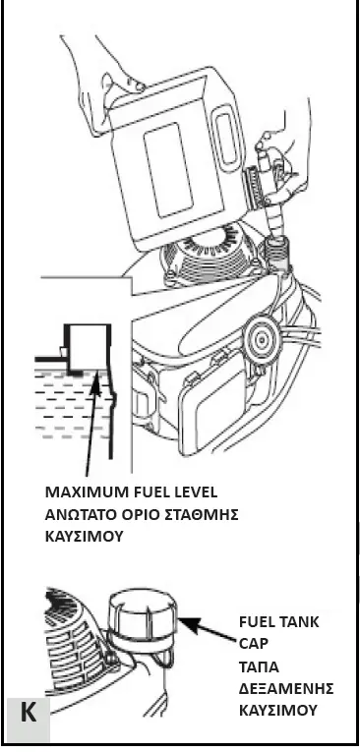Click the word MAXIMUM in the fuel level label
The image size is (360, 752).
click(82, 492)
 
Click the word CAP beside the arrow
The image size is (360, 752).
click(253, 644)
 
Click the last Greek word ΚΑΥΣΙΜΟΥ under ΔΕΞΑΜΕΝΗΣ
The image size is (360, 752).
click(278, 709)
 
